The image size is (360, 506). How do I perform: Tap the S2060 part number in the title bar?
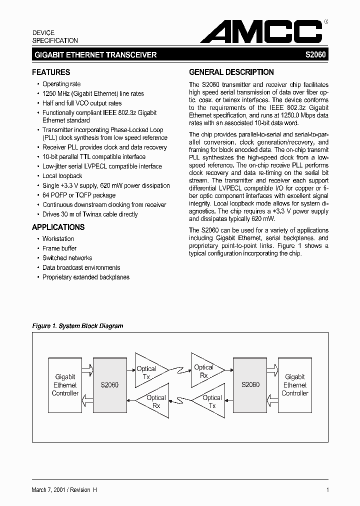(x=315, y=55)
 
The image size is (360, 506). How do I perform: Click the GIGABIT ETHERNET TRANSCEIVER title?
(x=95, y=55)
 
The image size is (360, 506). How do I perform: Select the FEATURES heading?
(x=51, y=72)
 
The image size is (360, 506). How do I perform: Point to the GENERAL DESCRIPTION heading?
(x=231, y=72)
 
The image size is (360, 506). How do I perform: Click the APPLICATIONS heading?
(x=58, y=227)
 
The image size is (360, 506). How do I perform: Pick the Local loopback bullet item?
(x=62, y=176)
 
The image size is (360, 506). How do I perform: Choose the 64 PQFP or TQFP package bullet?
(x=78, y=195)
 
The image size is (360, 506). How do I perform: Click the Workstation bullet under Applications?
(x=58, y=239)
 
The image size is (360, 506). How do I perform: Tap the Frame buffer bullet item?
(x=59, y=248)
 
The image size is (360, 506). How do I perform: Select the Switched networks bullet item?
(x=67, y=258)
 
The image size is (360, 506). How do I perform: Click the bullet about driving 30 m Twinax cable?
(x=90, y=214)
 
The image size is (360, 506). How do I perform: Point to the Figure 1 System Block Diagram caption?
(x=77, y=326)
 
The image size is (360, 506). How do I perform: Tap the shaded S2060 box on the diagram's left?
(x=109, y=384)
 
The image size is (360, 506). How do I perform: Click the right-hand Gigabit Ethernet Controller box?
(x=295, y=384)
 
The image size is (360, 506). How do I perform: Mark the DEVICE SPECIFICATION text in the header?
(x=55, y=36)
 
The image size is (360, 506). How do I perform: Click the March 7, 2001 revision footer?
(x=64, y=490)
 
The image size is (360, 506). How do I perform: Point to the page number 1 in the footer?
(x=327, y=490)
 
